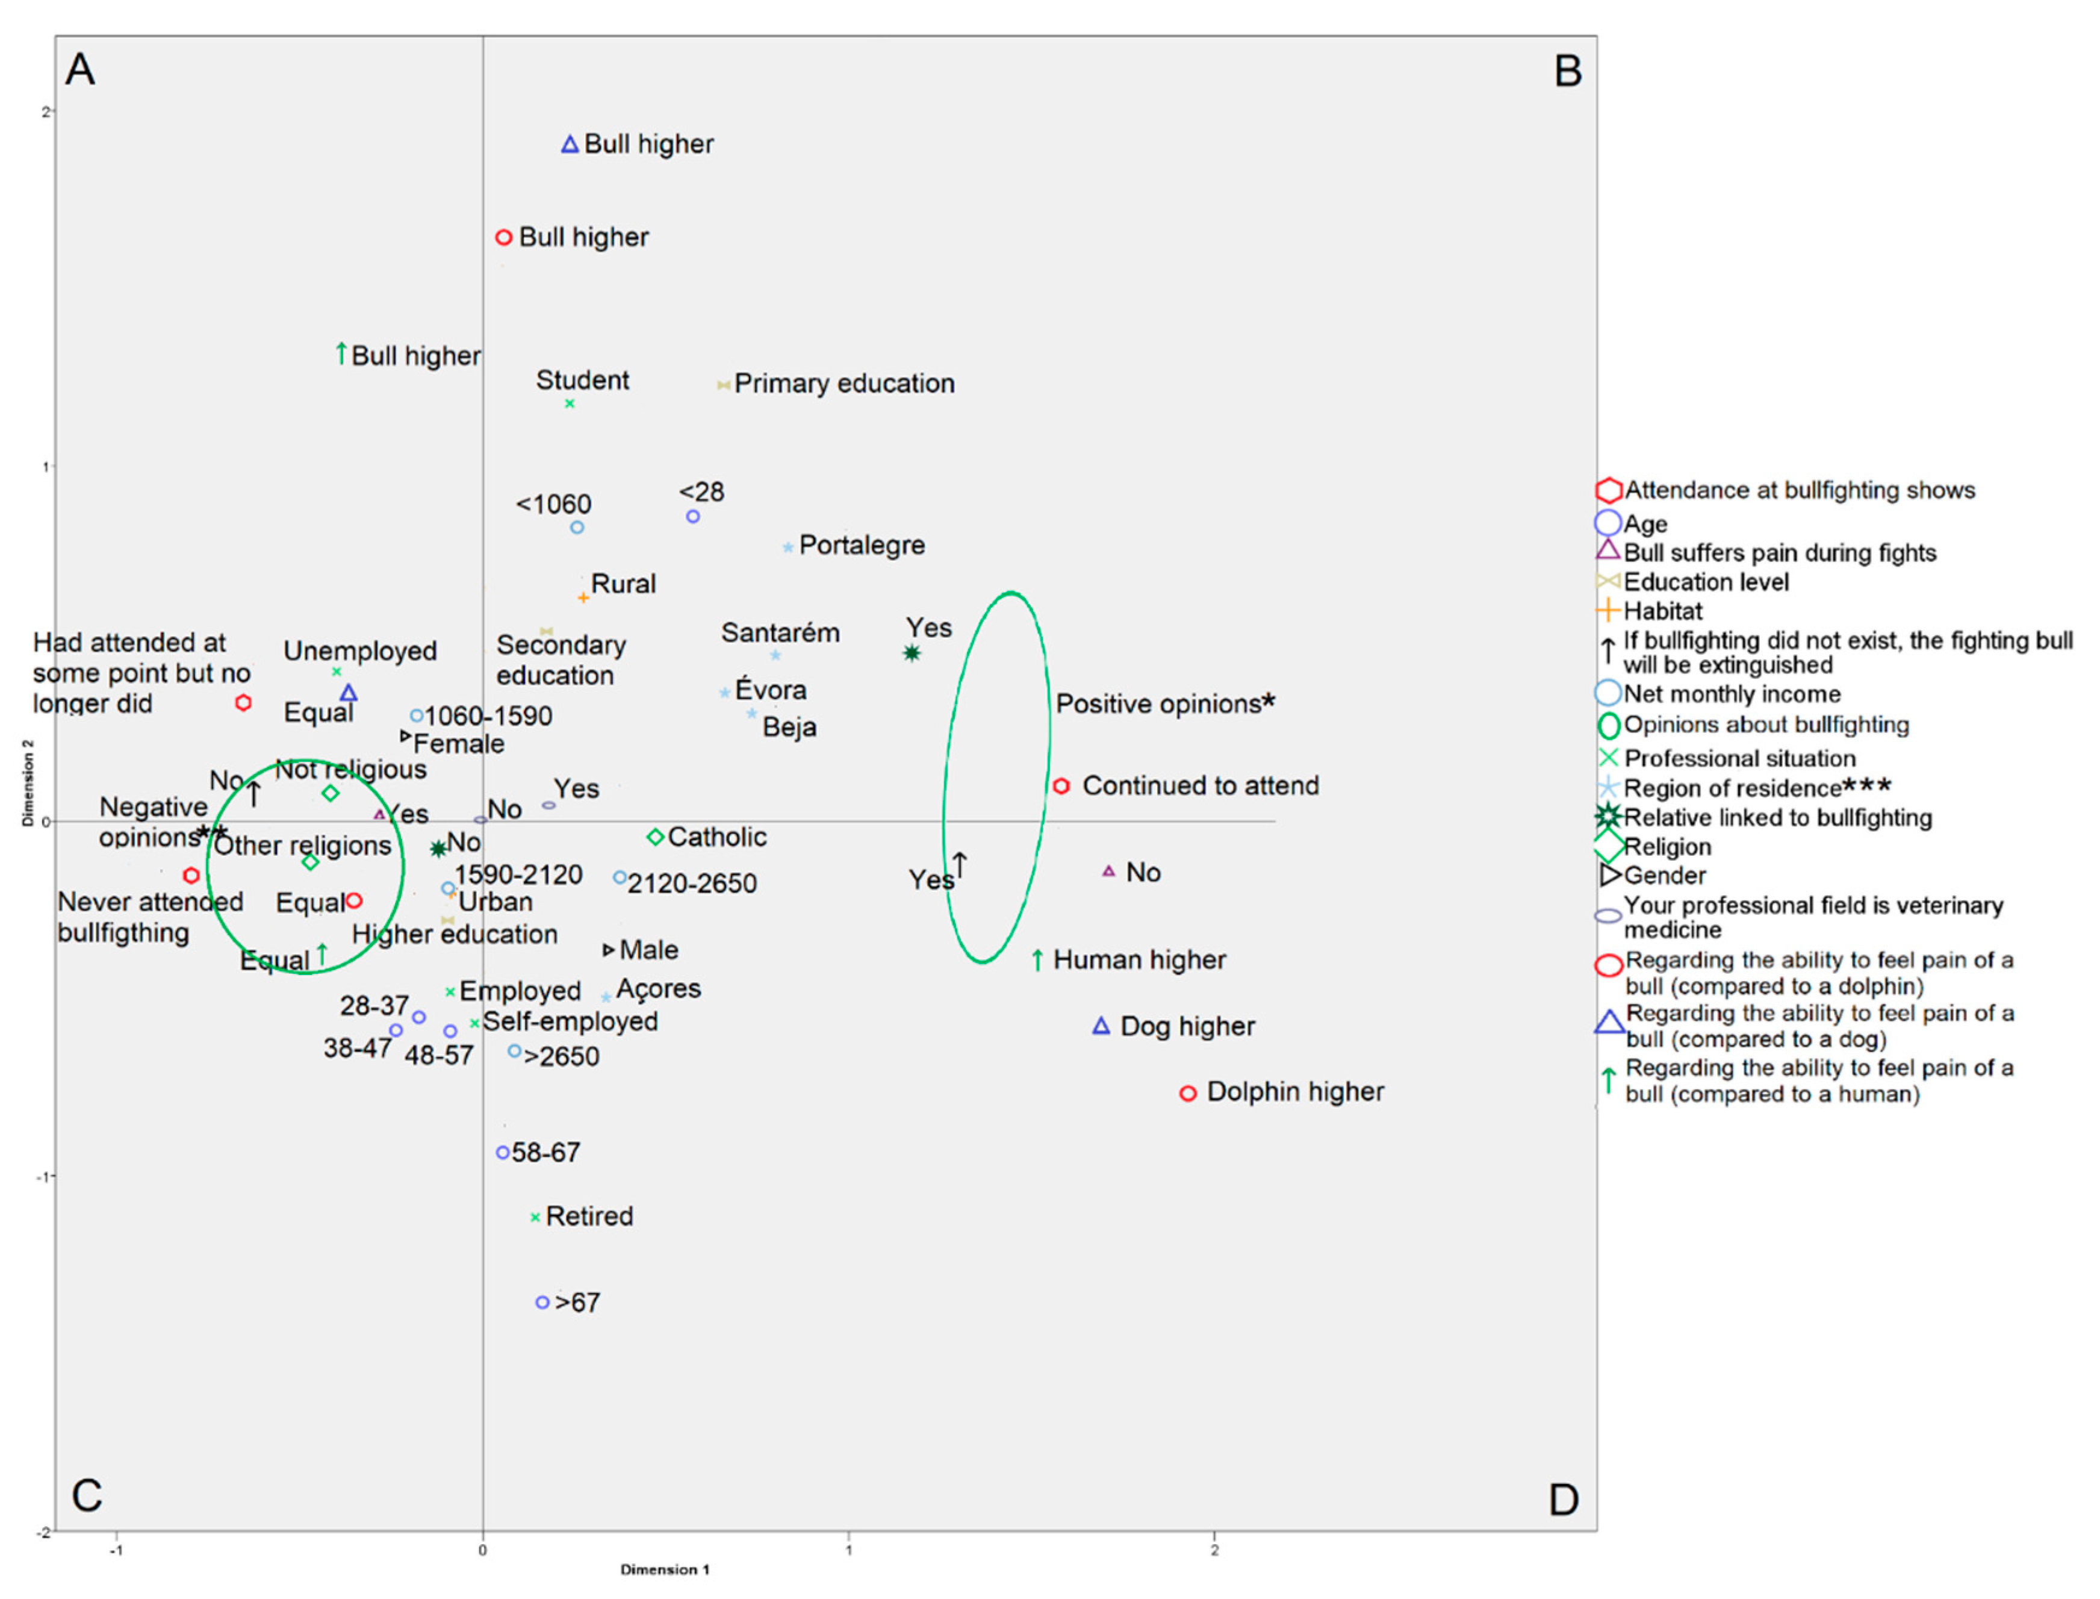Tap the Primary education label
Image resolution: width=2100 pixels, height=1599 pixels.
(844, 384)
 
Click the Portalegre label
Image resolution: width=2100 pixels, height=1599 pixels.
(861, 546)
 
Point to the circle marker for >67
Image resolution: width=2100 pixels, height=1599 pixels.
(542, 1302)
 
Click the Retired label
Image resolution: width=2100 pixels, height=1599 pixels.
(589, 1217)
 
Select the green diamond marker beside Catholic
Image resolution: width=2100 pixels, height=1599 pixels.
(654, 837)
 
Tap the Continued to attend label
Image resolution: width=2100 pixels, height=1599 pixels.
(1200, 786)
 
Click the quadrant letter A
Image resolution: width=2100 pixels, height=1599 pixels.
(80, 69)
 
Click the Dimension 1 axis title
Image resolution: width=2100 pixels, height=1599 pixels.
(664, 1569)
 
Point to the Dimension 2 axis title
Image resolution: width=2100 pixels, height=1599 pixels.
(28, 782)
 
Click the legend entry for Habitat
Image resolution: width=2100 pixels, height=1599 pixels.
(1662, 611)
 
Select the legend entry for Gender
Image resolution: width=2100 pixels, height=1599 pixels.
(1664, 876)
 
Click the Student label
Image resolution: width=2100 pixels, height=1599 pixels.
(582, 381)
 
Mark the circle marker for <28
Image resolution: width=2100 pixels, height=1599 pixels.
(693, 517)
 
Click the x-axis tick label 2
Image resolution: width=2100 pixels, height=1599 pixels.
(1214, 1550)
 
